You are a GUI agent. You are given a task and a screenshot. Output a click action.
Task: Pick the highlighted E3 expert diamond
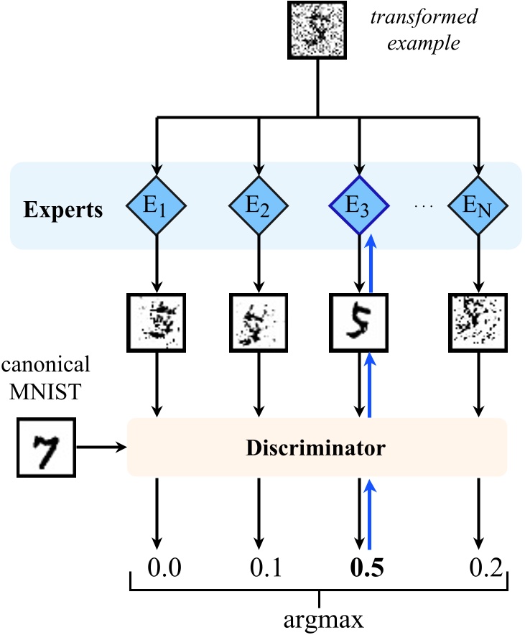pos(359,207)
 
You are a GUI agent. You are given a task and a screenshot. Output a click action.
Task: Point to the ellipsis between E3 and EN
pos(422,207)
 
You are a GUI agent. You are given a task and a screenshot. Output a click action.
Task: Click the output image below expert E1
pos(157,320)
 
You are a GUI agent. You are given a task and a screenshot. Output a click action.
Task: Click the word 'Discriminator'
pos(317,449)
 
